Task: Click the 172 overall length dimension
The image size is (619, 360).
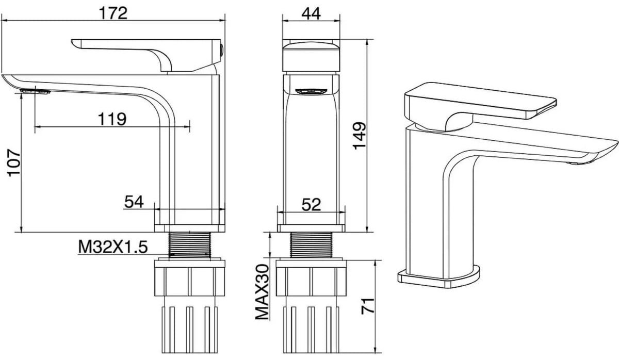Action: click(113, 13)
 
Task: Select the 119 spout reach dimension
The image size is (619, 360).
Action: click(112, 119)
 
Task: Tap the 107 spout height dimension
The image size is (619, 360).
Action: click(14, 163)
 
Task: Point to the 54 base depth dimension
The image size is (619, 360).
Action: click(134, 202)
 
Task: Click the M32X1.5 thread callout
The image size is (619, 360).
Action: click(113, 247)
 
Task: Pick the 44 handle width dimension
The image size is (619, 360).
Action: click(311, 13)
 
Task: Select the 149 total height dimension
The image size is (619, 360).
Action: click(360, 136)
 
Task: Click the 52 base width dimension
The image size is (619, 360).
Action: click(311, 204)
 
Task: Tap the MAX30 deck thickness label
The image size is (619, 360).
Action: click(262, 292)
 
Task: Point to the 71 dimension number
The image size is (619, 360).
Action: click(368, 306)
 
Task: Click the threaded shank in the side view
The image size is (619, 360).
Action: click(189, 245)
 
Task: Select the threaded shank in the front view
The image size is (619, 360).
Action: click(311, 245)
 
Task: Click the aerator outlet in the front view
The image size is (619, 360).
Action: click(311, 91)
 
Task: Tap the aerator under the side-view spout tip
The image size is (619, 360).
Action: click(36, 91)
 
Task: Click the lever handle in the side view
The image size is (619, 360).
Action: click(147, 55)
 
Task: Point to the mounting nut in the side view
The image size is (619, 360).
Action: click(189, 277)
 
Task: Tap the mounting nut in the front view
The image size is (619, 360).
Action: click(311, 277)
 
